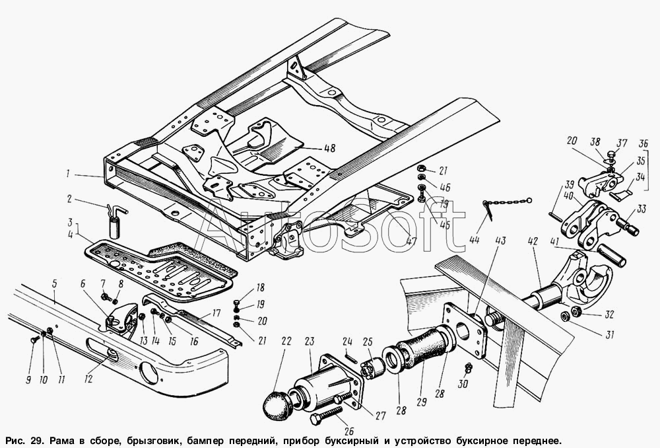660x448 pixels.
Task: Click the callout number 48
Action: tap(329, 148)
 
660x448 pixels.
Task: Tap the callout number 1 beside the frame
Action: tap(67, 174)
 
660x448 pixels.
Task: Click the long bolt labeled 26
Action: tap(327, 414)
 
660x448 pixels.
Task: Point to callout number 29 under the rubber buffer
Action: tap(421, 402)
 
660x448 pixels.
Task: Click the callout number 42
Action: tap(533, 241)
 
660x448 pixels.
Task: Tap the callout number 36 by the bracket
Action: tap(643, 143)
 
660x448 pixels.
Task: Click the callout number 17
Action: tap(216, 314)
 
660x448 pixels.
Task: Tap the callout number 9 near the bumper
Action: tap(28, 380)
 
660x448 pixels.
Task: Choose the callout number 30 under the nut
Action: tap(463, 383)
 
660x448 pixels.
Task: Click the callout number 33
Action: tap(641, 209)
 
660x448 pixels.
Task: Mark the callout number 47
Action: tap(411, 241)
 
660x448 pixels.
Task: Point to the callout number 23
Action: tap(310, 341)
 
